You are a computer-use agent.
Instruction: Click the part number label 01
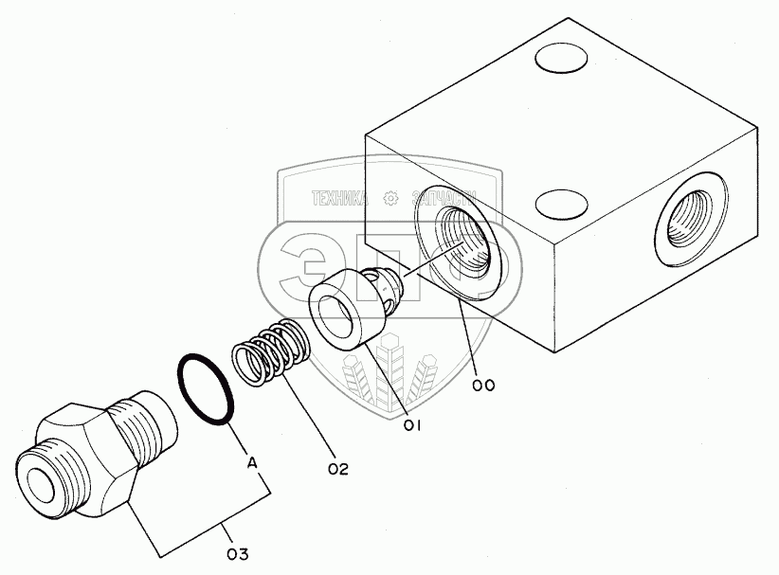click(412, 425)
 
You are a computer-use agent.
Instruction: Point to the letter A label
click(251, 463)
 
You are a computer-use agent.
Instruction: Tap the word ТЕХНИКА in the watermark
click(340, 199)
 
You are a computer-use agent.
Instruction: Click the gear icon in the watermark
click(389, 199)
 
